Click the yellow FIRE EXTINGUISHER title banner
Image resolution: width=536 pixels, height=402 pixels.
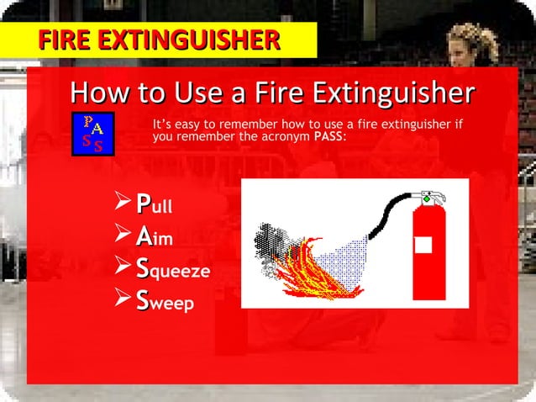click(159, 40)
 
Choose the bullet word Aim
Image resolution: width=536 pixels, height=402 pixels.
click(154, 238)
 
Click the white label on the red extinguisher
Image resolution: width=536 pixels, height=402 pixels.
click(423, 245)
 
